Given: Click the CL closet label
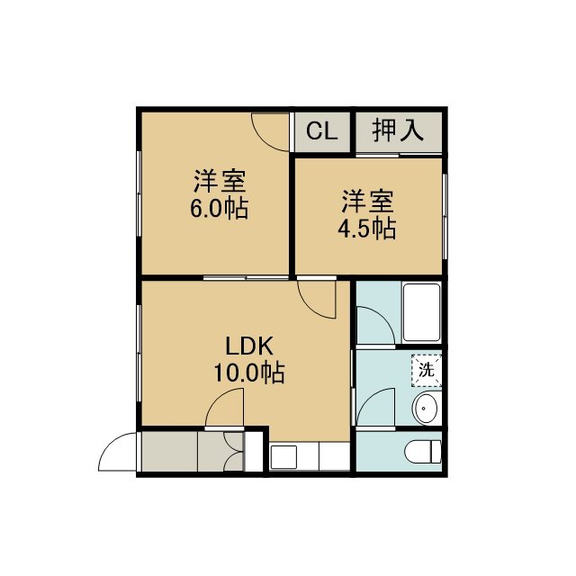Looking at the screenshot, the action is pos(322,130).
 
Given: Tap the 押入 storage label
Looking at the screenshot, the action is pos(398,130).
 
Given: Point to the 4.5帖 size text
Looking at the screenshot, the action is pos(366,229).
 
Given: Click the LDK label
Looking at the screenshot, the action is pos(249,346).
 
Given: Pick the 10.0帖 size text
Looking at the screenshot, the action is pos(249,373).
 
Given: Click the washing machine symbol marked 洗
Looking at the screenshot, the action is pos(427,370).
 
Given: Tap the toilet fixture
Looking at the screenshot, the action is pos(423,452).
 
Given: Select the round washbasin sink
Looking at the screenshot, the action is pos(425,408).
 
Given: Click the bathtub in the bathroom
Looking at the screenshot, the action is pos(422,312).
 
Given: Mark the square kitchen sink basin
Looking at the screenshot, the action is pos(283,456).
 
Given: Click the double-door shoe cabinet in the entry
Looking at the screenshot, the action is pos(232,452).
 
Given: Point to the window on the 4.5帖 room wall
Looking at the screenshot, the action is pos(445,216).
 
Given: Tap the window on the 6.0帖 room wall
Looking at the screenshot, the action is pos(139,193).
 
